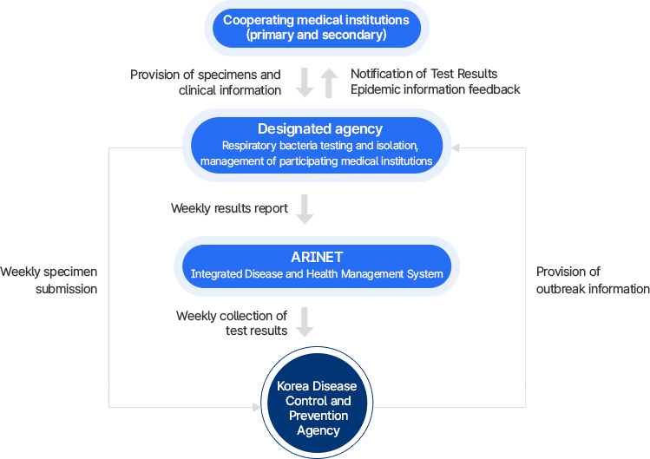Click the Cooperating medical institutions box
(x=317, y=28)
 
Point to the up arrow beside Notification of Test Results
(x=329, y=83)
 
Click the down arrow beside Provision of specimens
(x=305, y=83)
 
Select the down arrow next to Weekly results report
(x=305, y=209)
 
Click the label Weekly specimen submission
(x=49, y=280)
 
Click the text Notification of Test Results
(x=423, y=75)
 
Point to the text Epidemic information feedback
(x=435, y=90)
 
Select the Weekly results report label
(x=229, y=209)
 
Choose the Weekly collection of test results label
(x=232, y=323)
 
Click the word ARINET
(x=317, y=257)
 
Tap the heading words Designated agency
(x=319, y=130)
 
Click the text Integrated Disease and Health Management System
(x=317, y=274)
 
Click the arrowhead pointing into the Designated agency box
(x=456, y=148)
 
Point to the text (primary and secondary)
(x=317, y=36)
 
